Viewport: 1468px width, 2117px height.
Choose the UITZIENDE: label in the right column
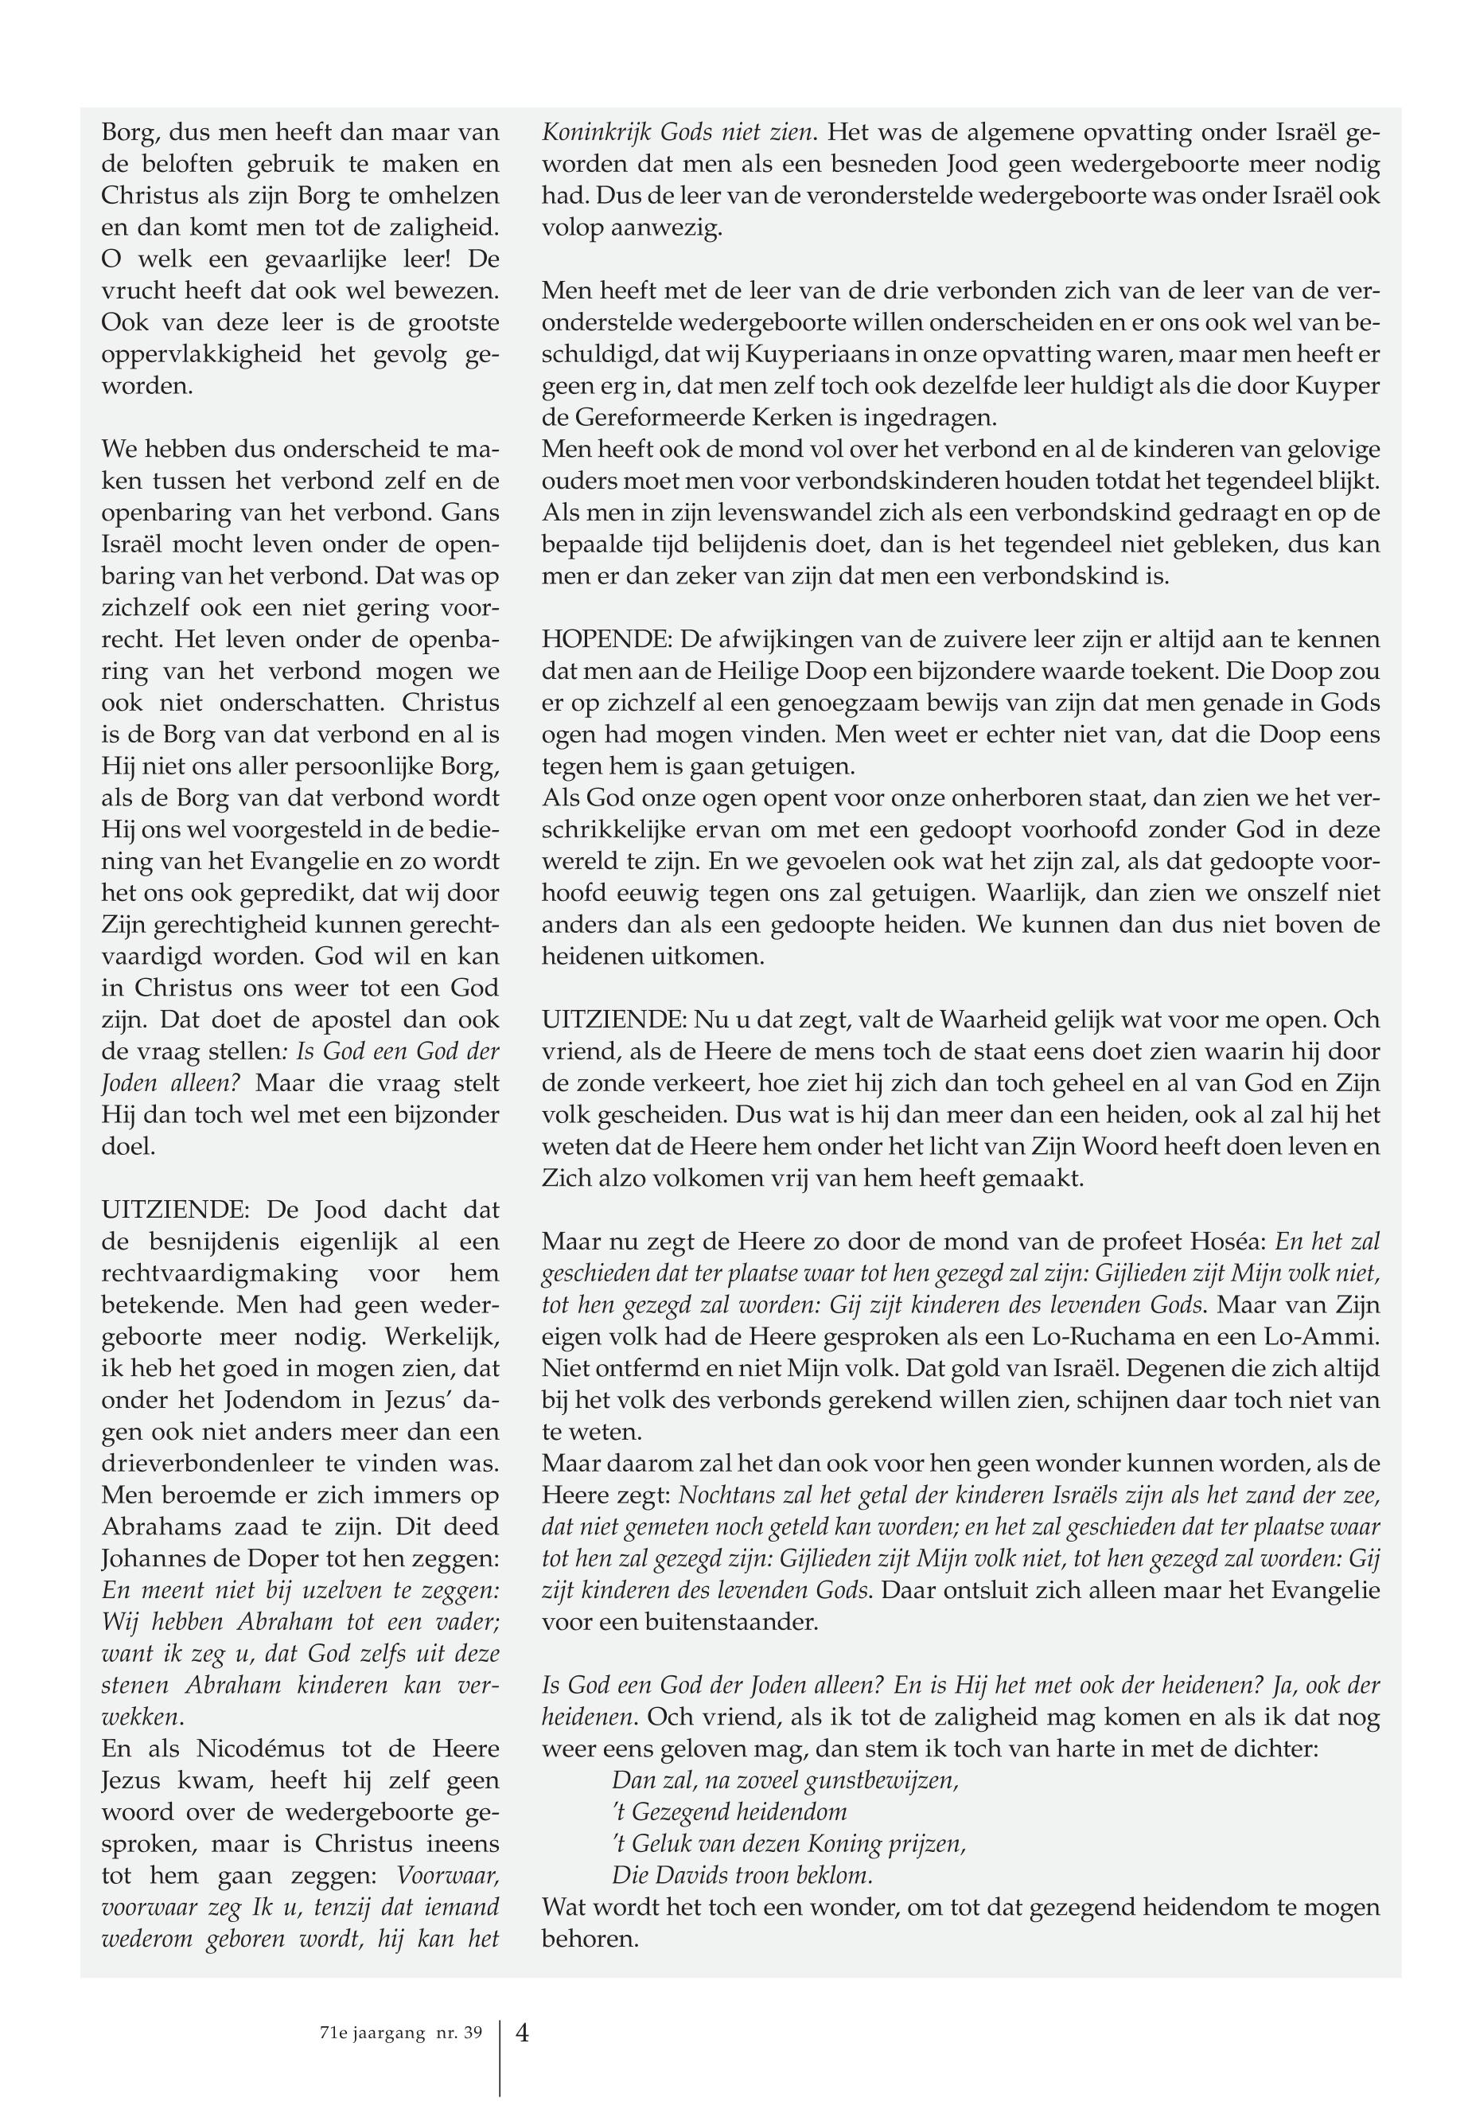click(613, 1020)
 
